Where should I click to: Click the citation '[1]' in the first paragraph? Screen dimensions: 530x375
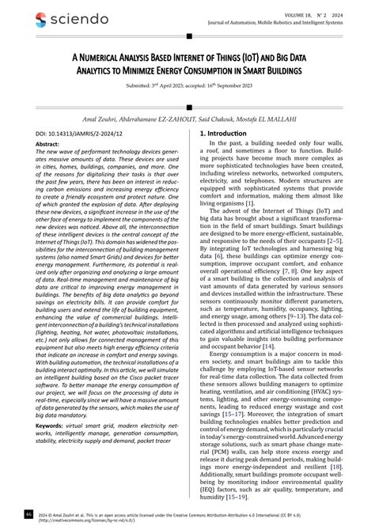[x=250, y=225]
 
